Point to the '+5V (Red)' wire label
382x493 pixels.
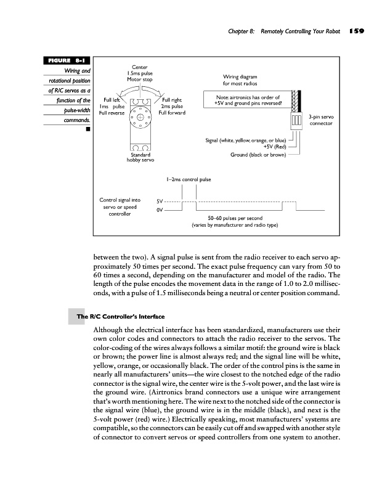point(273,148)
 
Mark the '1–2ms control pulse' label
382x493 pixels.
point(189,180)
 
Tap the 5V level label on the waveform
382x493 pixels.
point(160,201)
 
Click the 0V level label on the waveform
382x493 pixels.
point(160,211)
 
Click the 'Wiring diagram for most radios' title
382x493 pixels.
point(240,80)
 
